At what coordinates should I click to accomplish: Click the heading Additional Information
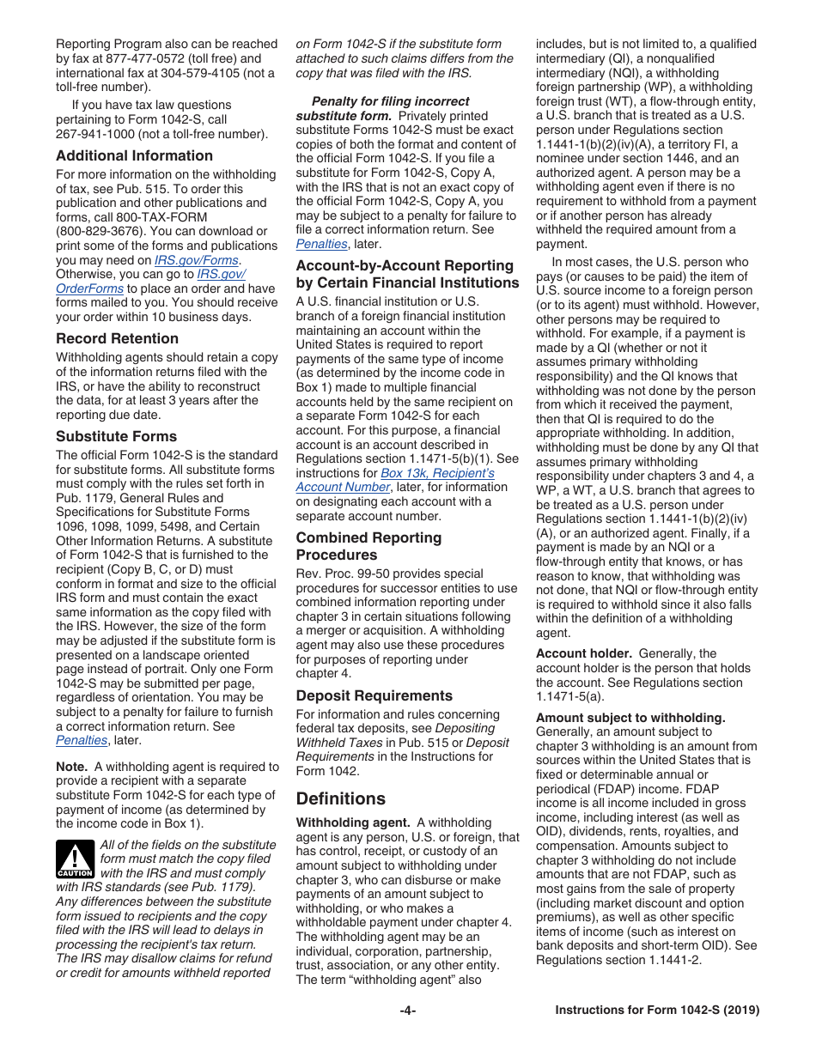[134, 155]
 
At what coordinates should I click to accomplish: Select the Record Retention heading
[117, 338]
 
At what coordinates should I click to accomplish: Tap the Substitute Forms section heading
[116, 436]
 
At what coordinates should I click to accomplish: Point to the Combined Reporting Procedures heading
[368, 546]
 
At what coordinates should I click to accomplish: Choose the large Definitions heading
[340, 798]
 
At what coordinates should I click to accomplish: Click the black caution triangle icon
[75, 859]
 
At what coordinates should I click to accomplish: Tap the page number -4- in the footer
[408, 1010]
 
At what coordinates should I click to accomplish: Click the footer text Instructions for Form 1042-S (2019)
[657, 1010]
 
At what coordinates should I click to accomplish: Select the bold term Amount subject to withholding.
[630, 718]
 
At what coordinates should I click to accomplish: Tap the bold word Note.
[71, 767]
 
